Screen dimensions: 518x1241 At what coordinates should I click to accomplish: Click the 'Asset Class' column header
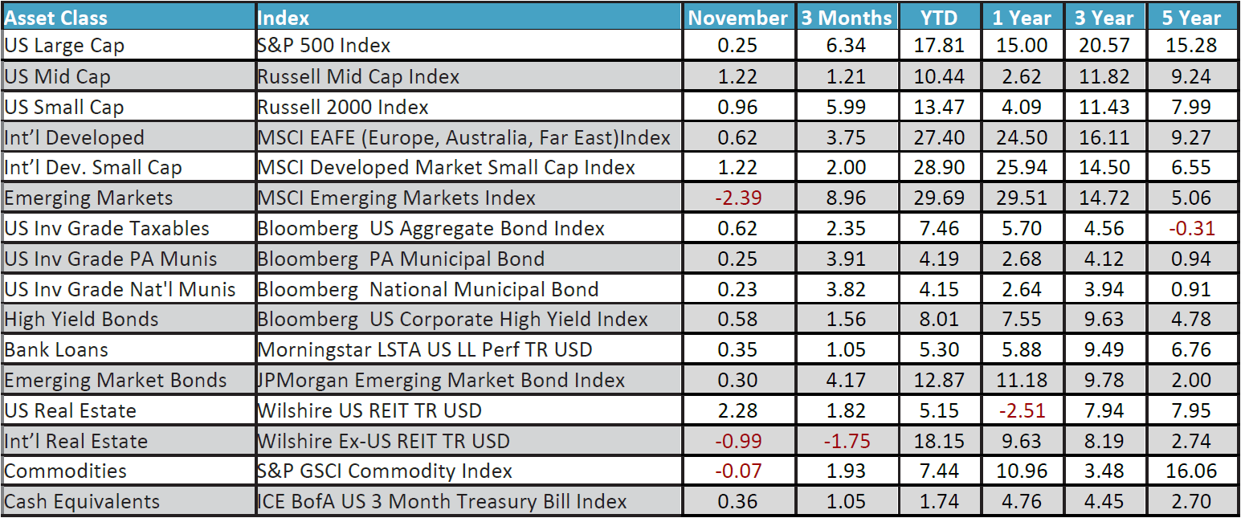(x=56, y=17)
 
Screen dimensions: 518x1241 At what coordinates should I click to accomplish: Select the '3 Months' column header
(x=846, y=17)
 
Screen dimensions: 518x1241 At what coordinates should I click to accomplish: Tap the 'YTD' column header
(x=939, y=17)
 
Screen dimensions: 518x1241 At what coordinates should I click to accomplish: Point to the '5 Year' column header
(x=1192, y=17)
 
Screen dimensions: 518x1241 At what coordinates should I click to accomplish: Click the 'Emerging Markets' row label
(x=88, y=198)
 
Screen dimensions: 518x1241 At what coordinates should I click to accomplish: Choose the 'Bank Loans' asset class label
(x=56, y=350)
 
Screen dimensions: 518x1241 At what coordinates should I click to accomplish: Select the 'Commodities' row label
(x=66, y=471)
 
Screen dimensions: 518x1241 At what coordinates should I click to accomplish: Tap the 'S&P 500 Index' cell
(x=324, y=46)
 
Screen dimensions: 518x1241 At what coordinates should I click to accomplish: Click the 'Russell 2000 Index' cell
(x=343, y=107)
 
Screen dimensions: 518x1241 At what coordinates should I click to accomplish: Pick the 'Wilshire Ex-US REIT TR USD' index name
(x=383, y=441)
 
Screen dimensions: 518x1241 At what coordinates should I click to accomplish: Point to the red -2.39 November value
(x=737, y=198)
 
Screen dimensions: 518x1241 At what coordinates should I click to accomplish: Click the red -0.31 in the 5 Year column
(x=1192, y=228)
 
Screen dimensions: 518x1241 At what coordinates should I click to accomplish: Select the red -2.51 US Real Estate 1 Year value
(x=1023, y=410)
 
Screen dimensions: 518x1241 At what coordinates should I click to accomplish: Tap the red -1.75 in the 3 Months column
(x=846, y=441)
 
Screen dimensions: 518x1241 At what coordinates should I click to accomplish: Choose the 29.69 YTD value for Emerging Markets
(x=939, y=198)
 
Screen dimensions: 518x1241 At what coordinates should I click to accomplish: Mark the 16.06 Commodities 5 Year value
(x=1192, y=471)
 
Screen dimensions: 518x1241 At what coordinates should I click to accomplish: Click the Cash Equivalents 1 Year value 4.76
(x=1023, y=502)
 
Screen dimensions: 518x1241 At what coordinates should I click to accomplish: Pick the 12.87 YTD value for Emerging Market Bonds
(x=939, y=380)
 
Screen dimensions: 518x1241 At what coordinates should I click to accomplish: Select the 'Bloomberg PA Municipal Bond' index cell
(x=401, y=259)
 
